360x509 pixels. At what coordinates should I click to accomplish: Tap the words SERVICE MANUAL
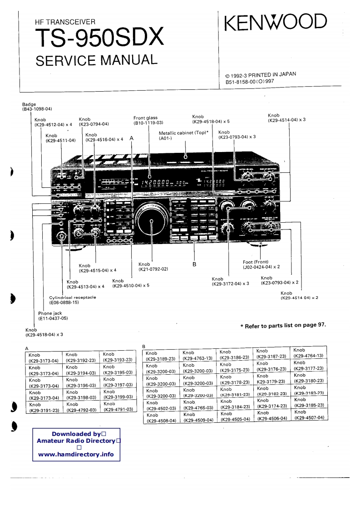(x=96, y=60)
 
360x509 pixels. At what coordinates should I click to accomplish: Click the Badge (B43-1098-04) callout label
(x=37, y=107)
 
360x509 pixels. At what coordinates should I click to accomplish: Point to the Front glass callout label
(x=148, y=120)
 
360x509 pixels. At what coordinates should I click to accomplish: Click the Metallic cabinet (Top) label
(x=183, y=135)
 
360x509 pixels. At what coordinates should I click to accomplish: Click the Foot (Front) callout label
(x=261, y=264)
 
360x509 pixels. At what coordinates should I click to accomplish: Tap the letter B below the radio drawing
(x=194, y=264)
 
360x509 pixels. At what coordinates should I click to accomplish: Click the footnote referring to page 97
(x=283, y=325)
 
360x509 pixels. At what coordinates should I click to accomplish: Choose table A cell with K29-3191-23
(x=44, y=407)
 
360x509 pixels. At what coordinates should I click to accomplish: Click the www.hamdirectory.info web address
(x=76, y=454)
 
